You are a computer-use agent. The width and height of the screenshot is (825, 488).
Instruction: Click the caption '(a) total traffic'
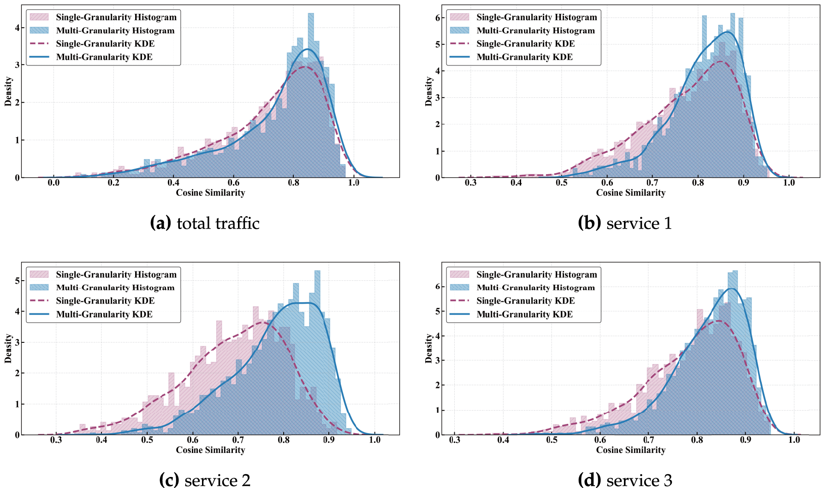pos(205,223)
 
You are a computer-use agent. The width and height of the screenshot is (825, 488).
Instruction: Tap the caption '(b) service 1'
pos(625,223)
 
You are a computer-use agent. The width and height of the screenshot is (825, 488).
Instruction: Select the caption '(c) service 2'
pos(205,480)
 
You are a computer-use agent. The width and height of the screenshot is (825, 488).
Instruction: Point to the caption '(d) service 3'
pos(625,480)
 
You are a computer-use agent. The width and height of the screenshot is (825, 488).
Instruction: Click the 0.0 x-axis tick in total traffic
pos(53,182)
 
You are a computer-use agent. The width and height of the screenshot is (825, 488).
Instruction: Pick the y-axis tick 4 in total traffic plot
pos(17,28)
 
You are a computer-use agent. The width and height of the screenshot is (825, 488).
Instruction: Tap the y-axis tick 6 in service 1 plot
pos(438,18)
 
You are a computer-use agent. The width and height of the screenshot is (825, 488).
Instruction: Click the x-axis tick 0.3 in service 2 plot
pos(56,440)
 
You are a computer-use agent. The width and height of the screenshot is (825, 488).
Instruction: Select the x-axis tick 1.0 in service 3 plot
pos(794,440)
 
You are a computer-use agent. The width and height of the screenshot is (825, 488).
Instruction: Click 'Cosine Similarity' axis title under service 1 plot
pos(630,193)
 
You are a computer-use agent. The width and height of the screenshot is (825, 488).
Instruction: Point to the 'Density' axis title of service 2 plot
pos(8,348)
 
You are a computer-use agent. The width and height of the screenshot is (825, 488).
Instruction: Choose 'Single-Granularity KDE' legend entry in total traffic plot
pos(105,44)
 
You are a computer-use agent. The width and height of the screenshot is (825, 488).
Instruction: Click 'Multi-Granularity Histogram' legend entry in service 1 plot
pos(535,30)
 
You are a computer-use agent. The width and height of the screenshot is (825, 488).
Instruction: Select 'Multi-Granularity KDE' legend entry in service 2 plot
pos(104,314)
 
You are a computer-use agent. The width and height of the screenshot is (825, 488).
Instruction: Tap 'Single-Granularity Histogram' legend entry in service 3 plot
pos(536,275)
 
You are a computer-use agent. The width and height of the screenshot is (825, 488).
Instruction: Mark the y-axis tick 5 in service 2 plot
pos(17,281)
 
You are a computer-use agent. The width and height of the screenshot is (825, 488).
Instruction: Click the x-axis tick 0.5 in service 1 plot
pos(562,182)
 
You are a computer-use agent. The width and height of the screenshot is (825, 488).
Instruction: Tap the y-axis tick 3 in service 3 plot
pos(438,360)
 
